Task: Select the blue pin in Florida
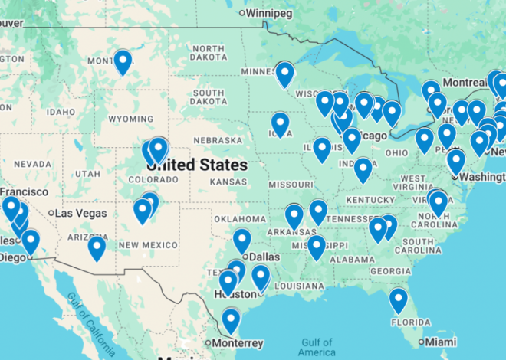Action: coord(398,300)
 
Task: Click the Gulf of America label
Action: coord(317,347)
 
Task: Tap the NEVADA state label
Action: coord(31,164)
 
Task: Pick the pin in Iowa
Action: coord(281,124)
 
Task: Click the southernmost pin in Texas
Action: coord(231,319)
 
